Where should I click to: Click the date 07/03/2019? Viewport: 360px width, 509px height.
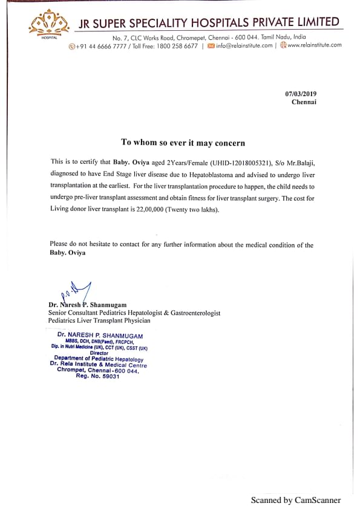pos(301,94)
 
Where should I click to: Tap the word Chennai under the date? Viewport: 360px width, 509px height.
pos(304,102)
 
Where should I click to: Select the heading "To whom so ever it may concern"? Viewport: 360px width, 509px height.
pos(183,143)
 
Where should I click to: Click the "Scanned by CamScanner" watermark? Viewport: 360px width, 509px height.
pos(296,500)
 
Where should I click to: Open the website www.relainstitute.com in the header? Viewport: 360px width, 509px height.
pos(314,45)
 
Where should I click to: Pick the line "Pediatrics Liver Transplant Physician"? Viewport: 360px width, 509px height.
pos(99,320)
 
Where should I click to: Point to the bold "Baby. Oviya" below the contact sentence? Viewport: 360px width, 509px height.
pos(68,253)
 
